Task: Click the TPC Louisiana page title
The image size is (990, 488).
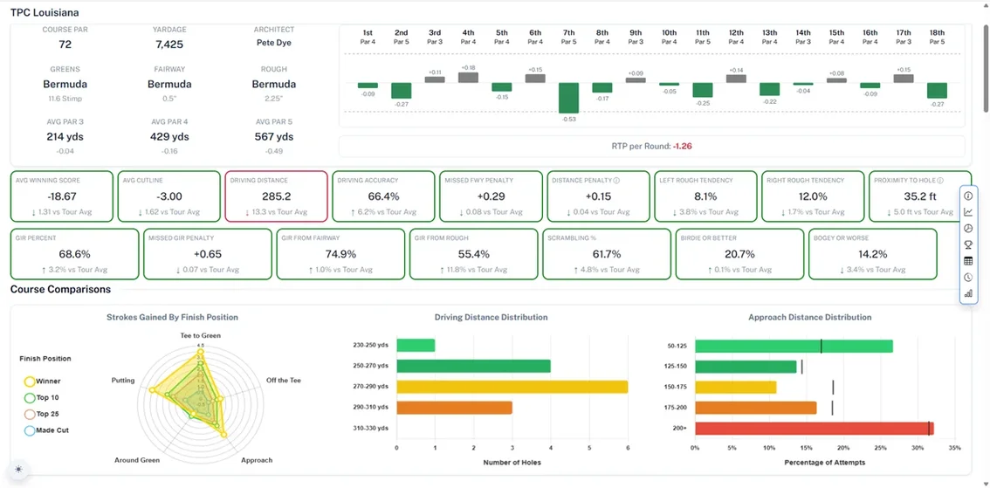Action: [x=45, y=13]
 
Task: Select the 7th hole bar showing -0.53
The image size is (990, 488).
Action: [x=568, y=98]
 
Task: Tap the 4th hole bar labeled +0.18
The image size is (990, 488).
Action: [x=468, y=78]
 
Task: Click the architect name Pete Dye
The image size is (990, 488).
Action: [x=274, y=43]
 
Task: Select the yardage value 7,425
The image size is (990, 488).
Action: [x=169, y=44]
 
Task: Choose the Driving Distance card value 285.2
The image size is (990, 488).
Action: [x=276, y=196]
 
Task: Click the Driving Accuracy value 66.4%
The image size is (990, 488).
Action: [x=384, y=196]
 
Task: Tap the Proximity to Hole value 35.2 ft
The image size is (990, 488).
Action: [x=920, y=196]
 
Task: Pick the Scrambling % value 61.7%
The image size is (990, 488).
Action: [x=606, y=254]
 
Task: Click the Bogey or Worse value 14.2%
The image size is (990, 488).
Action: [x=872, y=254]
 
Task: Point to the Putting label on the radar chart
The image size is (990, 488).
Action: [x=123, y=381]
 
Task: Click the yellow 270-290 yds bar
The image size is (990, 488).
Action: [x=512, y=386]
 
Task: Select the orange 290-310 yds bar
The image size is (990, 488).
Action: [x=454, y=407]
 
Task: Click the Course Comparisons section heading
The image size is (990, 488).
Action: [x=60, y=289]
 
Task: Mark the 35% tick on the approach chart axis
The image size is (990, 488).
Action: [x=954, y=449]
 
